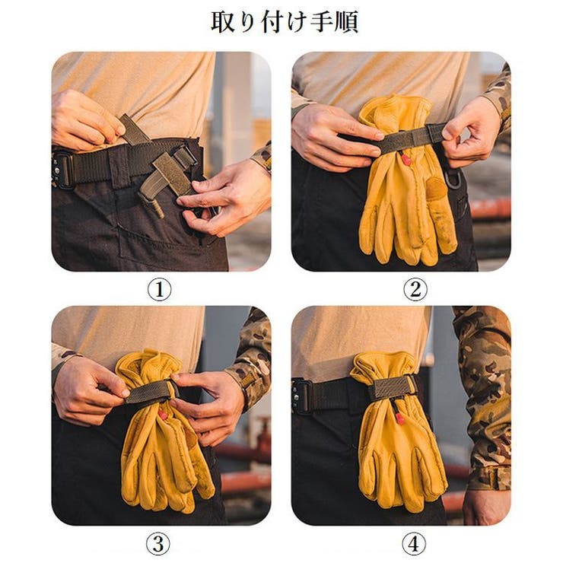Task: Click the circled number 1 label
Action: click(x=159, y=289)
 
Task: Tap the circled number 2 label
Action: click(x=415, y=289)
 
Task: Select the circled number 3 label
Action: click(x=158, y=544)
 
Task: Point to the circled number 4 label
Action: click(x=414, y=544)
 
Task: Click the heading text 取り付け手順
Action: click(x=285, y=22)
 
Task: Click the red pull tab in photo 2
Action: click(x=406, y=159)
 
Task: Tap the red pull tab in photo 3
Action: click(x=163, y=415)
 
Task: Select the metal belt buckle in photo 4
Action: click(x=301, y=396)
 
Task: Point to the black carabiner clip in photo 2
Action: click(x=453, y=179)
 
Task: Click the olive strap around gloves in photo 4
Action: click(x=393, y=388)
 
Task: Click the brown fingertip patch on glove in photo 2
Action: click(x=435, y=188)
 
